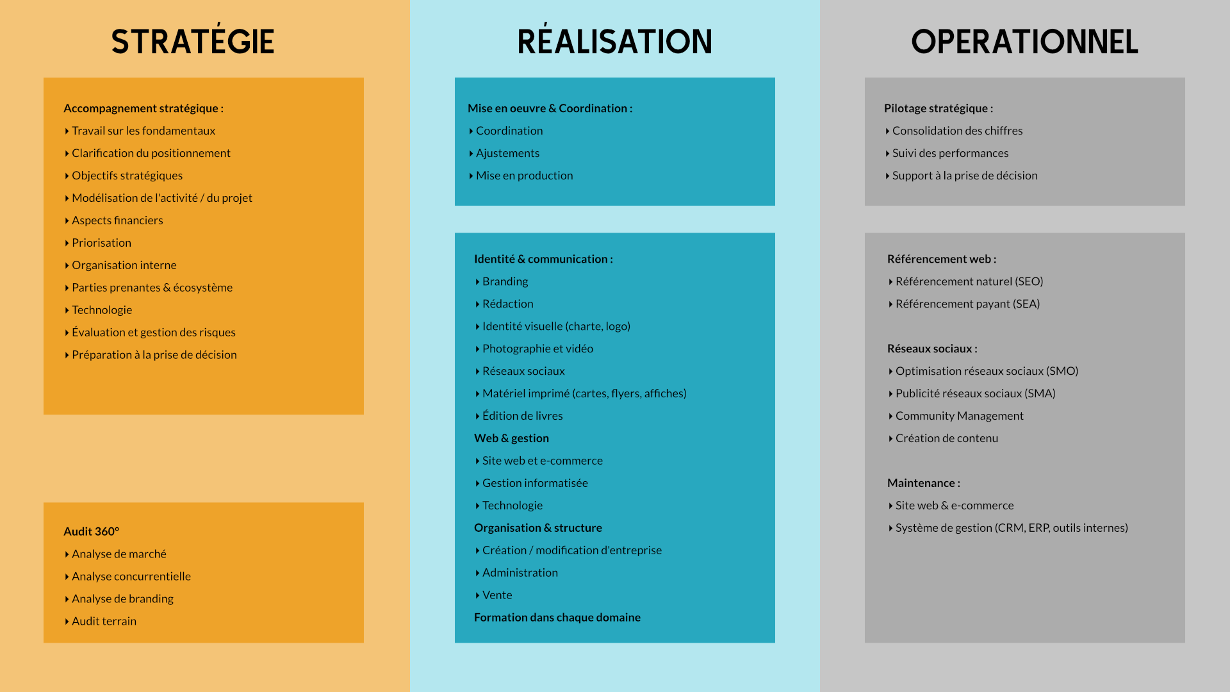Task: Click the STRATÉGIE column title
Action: [x=193, y=40]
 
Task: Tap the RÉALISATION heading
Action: [x=615, y=40]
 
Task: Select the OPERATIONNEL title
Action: [x=1025, y=42]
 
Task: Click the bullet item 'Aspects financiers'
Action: [x=117, y=220]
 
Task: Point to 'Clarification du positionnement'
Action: [x=151, y=153]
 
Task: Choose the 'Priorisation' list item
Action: [x=101, y=243]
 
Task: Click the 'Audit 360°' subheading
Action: [x=92, y=531]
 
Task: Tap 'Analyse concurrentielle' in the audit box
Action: [x=131, y=576]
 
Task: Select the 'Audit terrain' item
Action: [x=104, y=621]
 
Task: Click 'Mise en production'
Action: [x=525, y=176]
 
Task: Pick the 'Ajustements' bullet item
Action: [x=507, y=153]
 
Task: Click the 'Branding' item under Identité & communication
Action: [x=505, y=281]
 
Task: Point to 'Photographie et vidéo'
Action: [x=538, y=349]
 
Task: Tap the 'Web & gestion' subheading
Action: [x=511, y=438]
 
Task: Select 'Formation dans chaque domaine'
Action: [x=557, y=618]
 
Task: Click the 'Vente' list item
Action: [x=497, y=595]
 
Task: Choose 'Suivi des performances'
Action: [x=951, y=153]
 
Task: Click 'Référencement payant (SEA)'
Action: [x=968, y=304]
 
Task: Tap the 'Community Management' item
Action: [x=960, y=416]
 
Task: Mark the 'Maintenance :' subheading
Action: [x=924, y=483]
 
